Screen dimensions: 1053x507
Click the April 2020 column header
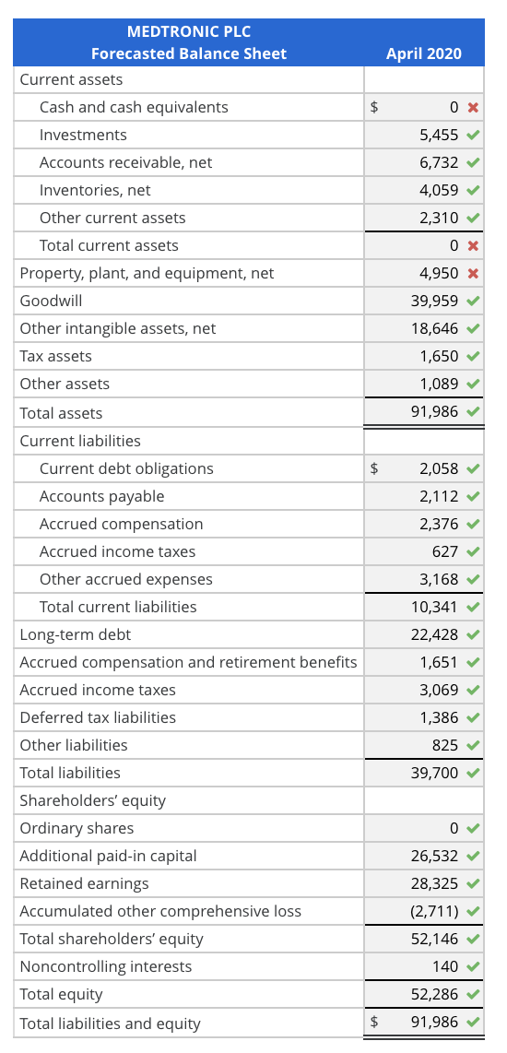click(424, 53)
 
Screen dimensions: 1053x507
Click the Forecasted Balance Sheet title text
click(189, 53)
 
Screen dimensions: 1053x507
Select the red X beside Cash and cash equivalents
click(473, 108)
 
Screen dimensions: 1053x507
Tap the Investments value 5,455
click(439, 135)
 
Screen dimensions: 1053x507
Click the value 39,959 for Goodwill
click(434, 301)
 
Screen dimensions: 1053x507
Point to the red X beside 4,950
click(473, 274)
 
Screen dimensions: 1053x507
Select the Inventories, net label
click(95, 190)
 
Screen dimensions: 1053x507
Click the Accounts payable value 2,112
click(439, 496)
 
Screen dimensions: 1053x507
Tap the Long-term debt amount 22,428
click(434, 634)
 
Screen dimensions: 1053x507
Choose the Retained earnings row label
click(84, 883)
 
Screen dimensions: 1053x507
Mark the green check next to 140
click(473, 966)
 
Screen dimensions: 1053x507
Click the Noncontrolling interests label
click(106, 966)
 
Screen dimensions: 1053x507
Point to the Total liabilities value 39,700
click(434, 773)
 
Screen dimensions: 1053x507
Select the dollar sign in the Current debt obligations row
click(374, 468)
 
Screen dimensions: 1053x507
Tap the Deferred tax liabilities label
click(98, 717)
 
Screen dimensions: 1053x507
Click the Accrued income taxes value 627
click(444, 551)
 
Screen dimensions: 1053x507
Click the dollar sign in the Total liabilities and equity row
click(374, 1022)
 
